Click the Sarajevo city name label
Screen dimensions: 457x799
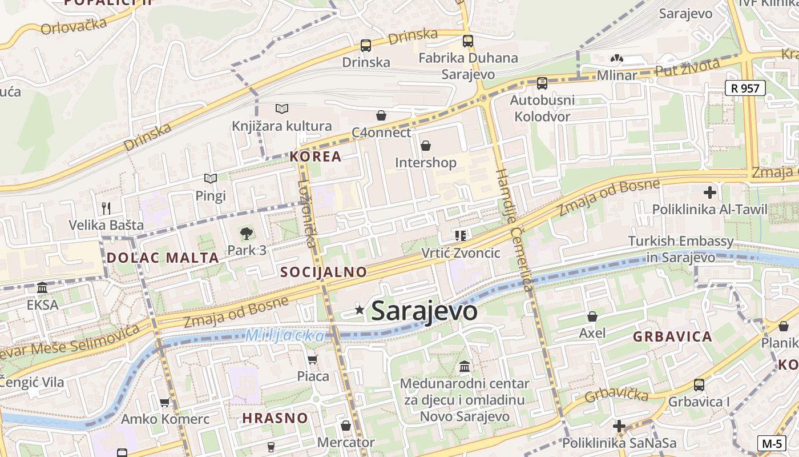424,311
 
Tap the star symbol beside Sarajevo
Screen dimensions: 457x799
360,310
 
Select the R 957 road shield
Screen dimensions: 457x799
745,88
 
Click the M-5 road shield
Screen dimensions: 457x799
772,443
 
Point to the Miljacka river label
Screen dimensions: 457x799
285,336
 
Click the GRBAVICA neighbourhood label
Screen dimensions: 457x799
672,336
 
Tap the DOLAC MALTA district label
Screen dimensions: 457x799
163,258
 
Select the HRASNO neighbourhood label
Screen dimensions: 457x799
275,418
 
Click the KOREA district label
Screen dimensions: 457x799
315,157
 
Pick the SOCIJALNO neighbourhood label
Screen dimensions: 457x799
324,272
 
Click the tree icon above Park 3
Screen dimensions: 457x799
247,233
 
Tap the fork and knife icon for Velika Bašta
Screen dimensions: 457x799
106,208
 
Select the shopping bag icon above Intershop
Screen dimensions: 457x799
425,146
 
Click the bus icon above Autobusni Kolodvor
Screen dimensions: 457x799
542,83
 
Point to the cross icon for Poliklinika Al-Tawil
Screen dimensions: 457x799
709,193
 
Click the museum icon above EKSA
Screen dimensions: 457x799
42,288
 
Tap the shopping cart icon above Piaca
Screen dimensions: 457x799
312,359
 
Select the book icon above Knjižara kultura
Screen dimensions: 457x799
281,109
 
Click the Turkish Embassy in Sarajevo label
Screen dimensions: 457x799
681,249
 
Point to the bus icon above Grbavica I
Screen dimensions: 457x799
699,385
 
